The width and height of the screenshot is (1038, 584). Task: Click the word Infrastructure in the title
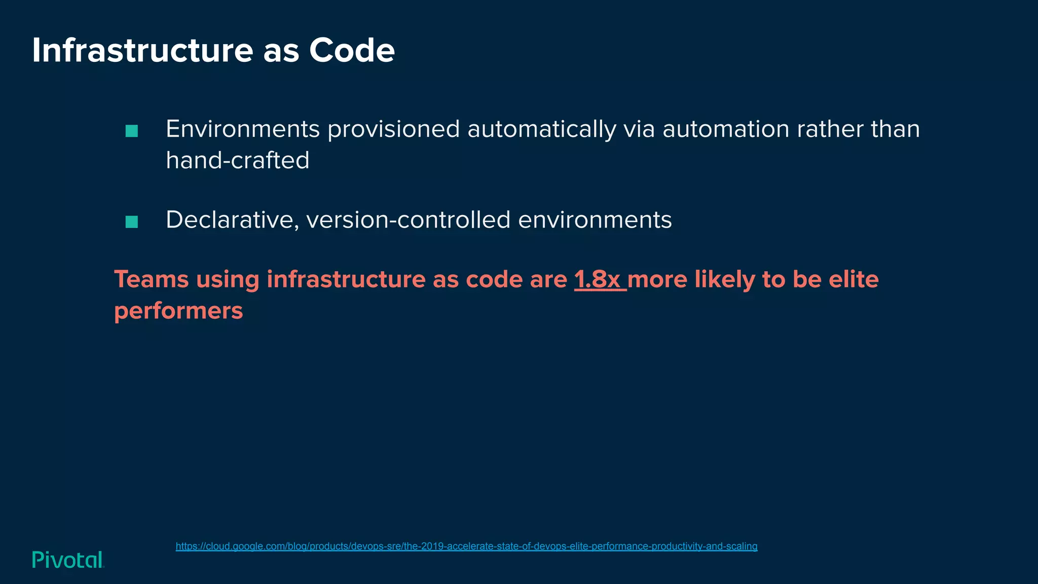142,51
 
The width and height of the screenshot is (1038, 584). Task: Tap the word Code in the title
352,51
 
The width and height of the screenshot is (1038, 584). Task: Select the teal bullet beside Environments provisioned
132,131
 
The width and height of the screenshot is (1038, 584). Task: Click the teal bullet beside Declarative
132,222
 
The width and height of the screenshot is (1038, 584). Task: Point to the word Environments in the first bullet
243,129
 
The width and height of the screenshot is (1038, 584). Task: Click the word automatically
541,129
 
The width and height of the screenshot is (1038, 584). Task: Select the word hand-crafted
238,161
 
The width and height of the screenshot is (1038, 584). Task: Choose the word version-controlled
408,220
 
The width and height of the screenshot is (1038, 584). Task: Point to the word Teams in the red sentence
151,279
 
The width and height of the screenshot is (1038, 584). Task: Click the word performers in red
178,311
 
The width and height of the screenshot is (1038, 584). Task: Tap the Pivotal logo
68,560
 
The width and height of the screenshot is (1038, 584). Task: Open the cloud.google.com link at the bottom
466,546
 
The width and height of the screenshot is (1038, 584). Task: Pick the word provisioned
393,129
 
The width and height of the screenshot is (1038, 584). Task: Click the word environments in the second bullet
595,220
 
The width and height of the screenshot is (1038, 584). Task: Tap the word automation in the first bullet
726,129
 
